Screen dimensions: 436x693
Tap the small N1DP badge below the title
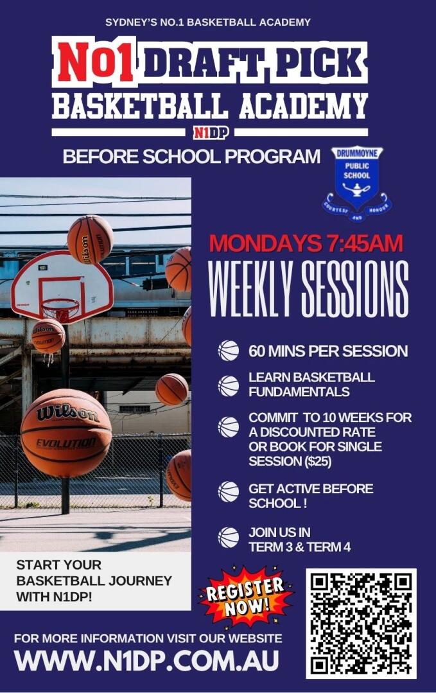tap(210, 132)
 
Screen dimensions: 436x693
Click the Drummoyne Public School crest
tap(358, 184)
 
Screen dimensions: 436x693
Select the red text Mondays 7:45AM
tap(306, 243)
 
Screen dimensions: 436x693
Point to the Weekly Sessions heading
tap(308, 290)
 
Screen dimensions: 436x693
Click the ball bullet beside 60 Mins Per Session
tap(229, 351)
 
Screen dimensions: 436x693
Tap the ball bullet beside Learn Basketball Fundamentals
tap(229, 385)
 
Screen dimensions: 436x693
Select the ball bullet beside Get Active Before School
tap(229, 493)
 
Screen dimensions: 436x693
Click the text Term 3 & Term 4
tap(299, 547)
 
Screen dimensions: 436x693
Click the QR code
tap(361, 624)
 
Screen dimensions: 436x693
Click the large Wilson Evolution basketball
tap(66, 433)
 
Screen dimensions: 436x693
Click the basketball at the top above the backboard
tap(90, 240)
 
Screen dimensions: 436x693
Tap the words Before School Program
tap(191, 157)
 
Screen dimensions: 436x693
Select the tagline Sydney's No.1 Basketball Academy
tap(208, 22)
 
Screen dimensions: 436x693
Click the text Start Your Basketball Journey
tap(94, 572)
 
